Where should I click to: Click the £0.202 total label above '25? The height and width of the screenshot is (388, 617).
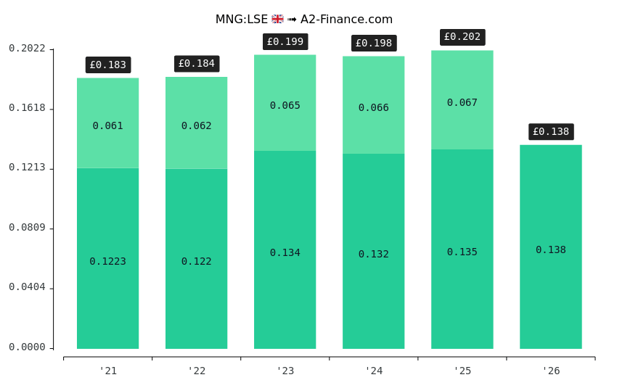coord(462,37)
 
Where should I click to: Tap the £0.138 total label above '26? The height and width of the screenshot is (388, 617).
coord(551,132)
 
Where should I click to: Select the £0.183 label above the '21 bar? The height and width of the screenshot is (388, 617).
coord(108,65)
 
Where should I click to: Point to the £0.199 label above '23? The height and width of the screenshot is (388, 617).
coord(285,42)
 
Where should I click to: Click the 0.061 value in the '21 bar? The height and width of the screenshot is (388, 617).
coord(107,126)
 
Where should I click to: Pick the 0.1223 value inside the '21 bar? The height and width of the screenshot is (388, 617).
coord(107,262)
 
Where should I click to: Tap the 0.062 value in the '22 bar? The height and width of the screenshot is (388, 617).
coord(196,126)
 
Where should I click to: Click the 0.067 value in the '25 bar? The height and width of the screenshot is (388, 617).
coord(462,103)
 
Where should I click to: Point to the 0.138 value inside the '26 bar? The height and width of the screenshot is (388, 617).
coord(551,250)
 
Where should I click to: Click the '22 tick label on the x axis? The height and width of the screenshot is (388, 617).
coord(196,371)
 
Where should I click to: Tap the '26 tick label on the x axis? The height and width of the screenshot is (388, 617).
coord(551,371)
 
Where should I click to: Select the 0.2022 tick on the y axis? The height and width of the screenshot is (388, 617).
coord(27,49)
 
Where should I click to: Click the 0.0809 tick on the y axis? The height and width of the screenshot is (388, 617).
coord(27,228)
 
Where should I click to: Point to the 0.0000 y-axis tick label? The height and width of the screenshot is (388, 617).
coord(27,347)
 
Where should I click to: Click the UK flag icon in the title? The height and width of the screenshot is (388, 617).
coord(277,20)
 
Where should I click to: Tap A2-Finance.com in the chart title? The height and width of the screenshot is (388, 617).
coord(346,20)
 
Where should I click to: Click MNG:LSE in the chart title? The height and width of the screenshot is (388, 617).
coord(241,20)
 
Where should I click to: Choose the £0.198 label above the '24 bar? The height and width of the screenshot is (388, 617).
coord(374,44)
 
